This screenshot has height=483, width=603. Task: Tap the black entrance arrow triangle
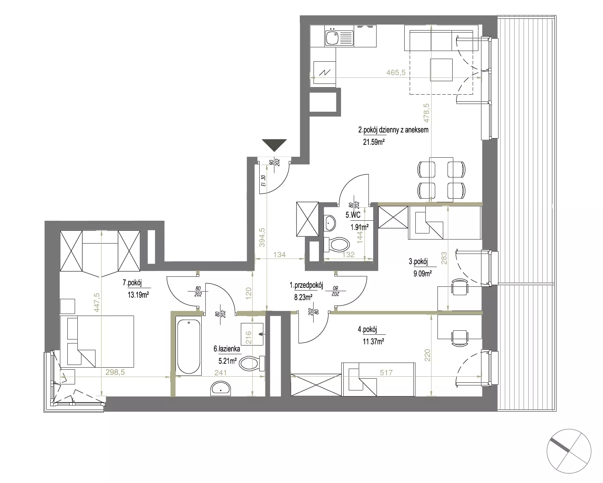274,145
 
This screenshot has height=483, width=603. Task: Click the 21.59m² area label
374,142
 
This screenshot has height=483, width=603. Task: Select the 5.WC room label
353,214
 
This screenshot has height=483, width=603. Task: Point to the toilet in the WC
336,245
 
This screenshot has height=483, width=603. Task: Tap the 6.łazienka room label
227,349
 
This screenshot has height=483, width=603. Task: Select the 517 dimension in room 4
386,372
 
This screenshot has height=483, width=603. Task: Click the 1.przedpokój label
306,285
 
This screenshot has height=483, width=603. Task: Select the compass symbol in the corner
569,451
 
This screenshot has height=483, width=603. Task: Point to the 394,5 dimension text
262,237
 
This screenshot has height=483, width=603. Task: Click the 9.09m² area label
422,273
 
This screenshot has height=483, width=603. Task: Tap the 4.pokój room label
367,330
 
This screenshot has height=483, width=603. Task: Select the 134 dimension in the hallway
279,255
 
